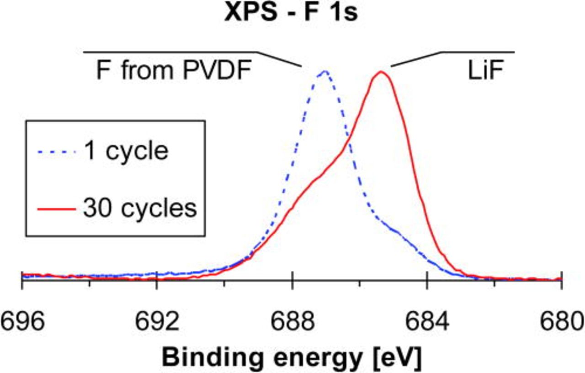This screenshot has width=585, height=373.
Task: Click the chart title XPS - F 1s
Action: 291,13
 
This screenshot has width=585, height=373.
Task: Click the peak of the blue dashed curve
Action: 324,71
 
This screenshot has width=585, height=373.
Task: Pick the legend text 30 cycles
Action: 140,208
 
